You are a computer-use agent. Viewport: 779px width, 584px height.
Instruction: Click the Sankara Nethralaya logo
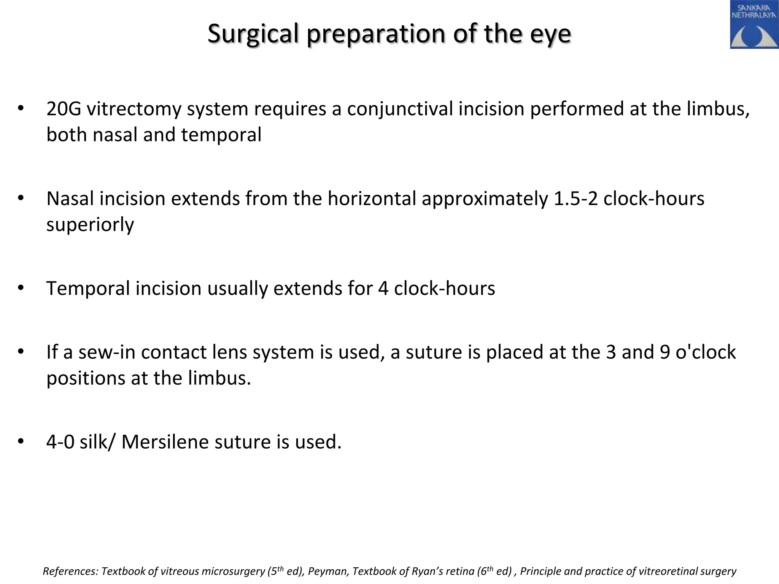(x=754, y=25)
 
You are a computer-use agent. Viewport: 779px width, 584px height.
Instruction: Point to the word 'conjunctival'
(x=399, y=109)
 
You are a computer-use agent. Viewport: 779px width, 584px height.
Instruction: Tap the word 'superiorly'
(x=90, y=225)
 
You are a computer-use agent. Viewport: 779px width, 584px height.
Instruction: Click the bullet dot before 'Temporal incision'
(x=21, y=288)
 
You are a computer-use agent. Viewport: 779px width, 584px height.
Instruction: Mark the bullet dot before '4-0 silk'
(x=21, y=441)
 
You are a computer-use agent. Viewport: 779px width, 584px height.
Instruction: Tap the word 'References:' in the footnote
(x=70, y=571)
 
